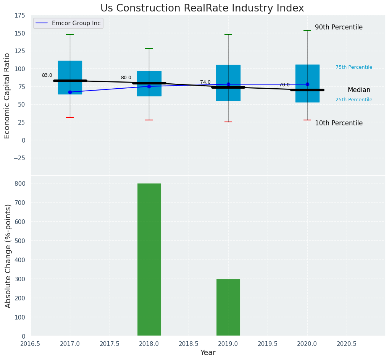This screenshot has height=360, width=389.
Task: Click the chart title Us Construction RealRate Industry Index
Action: point(202,8)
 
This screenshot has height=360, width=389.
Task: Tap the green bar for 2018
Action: point(149,259)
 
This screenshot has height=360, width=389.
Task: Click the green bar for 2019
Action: point(228,307)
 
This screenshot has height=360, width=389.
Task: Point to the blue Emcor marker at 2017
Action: point(70,92)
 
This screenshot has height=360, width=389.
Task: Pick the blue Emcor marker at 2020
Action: point(307,84)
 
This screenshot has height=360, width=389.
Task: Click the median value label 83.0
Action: point(47,76)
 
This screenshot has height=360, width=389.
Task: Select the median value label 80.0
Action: point(126,78)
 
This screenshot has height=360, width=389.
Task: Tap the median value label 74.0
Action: point(205,82)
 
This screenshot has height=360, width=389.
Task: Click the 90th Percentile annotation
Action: point(339,28)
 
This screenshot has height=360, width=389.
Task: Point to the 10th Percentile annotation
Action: point(339,123)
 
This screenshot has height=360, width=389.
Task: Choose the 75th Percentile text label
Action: point(354,67)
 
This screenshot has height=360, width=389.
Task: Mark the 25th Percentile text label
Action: point(354,100)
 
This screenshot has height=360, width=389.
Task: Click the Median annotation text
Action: point(359,90)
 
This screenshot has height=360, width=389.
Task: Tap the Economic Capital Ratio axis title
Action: point(7,96)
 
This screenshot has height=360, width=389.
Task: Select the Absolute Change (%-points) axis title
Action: point(8,256)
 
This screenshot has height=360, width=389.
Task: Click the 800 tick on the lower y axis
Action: point(20,183)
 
